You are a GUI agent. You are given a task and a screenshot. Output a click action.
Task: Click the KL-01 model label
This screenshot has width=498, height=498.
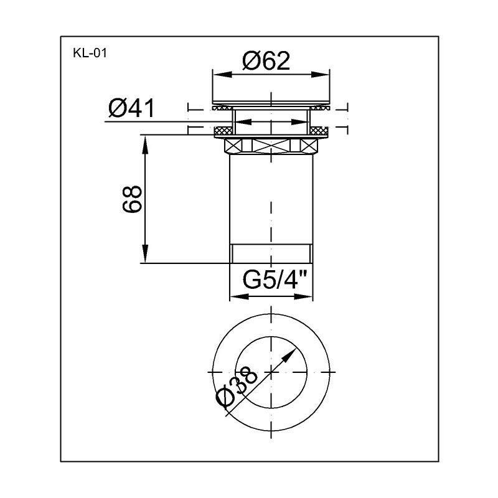(x=90, y=53)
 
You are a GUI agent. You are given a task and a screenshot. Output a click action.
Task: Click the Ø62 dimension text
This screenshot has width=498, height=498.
(x=266, y=60)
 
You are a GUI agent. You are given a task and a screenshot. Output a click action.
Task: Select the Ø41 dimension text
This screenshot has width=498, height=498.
(x=131, y=108)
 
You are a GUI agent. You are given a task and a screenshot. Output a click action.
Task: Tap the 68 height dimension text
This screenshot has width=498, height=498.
(x=132, y=199)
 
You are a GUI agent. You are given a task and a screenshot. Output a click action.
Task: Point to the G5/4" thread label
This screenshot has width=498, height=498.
(x=275, y=280)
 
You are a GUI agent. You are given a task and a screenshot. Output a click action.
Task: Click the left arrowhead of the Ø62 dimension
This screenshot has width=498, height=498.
(x=222, y=75)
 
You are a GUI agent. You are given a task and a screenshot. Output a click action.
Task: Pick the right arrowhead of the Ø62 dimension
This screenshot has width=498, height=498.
(x=321, y=75)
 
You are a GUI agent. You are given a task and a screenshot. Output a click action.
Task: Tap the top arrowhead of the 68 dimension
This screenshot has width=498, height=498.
(x=145, y=145)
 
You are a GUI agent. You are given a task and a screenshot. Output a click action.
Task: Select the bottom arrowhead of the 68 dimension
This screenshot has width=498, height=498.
(x=145, y=253)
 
